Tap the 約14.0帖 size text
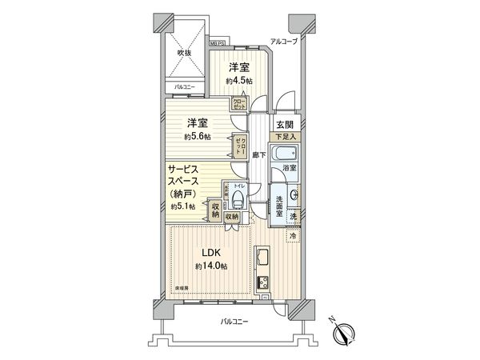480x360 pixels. click(x=210, y=266)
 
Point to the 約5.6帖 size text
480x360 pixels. click(x=198, y=136)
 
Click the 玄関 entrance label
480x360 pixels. click(x=286, y=125)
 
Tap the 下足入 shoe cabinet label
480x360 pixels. click(x=287, y=138)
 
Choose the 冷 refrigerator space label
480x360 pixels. click(x=293, y=236)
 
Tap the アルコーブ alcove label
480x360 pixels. click(x=284, y=42)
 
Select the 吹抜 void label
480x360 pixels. click(x=186, y=54)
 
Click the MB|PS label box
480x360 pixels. click(x=218, y=42)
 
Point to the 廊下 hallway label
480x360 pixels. click(x=258, y=154)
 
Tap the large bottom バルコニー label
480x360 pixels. click(x=235, y=322)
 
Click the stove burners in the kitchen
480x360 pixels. click(x=262, y=282)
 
